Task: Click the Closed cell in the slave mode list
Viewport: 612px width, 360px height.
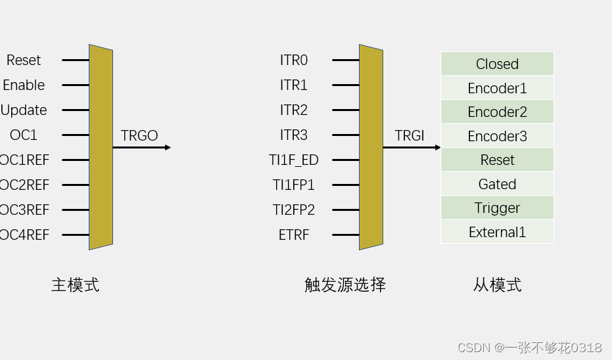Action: point(497,64)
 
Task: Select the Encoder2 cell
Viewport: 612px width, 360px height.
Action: point(497,112)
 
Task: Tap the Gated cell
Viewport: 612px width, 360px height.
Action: point(497,184)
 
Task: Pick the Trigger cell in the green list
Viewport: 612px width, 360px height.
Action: point(497,208)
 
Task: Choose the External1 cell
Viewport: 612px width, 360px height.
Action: point(497,232)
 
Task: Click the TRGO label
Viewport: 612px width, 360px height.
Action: point(139,135)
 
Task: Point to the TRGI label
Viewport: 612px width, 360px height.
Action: point(410,135)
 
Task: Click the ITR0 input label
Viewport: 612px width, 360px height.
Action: point(294,60)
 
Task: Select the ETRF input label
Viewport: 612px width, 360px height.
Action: point(294,235)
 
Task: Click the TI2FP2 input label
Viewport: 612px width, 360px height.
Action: point(294,210)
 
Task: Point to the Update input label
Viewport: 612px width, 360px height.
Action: point(24,110)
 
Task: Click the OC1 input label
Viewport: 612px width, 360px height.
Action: point(24,135)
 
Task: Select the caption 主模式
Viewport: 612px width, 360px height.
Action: point(76,284)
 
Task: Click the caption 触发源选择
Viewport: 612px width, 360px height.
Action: point(344,284)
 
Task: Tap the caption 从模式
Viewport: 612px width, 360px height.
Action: point(497,284)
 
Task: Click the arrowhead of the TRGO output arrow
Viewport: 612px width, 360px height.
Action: point(168,147)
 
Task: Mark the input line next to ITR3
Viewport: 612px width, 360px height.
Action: point(345,135)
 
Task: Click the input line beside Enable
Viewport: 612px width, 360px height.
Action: point(76,85)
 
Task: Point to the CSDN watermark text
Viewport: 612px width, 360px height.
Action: point(529,348)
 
